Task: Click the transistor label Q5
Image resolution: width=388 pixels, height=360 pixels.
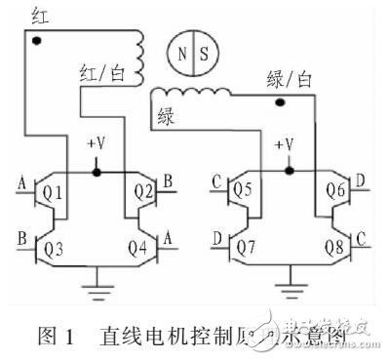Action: click(244, 190)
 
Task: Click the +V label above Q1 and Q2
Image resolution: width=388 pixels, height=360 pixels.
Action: click(97, 143)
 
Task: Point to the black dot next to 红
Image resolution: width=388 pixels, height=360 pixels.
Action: click(37, 42)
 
